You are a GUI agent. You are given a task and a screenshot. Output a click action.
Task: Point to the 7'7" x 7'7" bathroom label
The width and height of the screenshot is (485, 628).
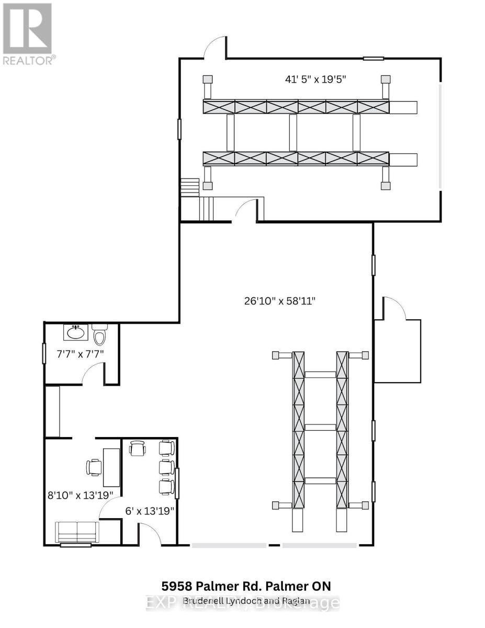coord(80,354)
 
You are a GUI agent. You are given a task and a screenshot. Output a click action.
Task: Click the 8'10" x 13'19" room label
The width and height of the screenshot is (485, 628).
coord(83,494)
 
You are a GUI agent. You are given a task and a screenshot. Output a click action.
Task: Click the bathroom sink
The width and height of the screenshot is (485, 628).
coord(76,332)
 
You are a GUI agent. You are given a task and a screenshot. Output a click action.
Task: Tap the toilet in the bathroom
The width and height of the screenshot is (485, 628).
coord(99,333)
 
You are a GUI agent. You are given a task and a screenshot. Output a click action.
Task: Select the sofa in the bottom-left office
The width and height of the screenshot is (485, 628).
coord(77,532)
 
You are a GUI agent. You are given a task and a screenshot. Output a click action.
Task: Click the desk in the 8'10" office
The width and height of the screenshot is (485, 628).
coord(111,467)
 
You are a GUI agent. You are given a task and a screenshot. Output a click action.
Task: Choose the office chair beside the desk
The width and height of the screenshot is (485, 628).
coord(94,466)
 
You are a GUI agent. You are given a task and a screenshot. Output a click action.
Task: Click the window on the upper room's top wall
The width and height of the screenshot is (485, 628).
coord(374,58)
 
